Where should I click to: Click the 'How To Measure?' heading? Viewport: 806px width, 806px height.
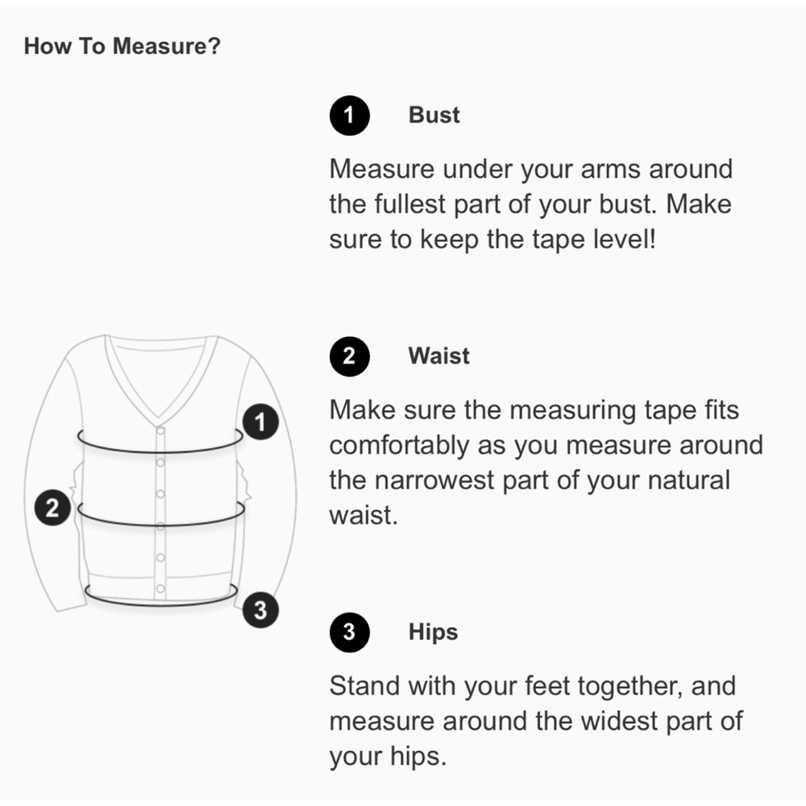(123, 46)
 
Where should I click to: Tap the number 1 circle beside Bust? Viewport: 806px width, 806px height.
(350, 115)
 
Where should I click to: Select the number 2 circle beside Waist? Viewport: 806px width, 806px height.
(350, 356)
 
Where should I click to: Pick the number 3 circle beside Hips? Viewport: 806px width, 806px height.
(350, 632)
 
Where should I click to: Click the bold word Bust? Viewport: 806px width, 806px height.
(434, 114)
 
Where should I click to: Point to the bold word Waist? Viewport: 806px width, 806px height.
(439, 355)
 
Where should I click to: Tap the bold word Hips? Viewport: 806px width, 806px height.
(433, 632)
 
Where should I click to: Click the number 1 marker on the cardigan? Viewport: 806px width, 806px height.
(260, 422)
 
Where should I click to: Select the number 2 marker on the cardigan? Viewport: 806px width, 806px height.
(52, 508)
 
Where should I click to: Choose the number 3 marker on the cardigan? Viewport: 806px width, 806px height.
(260, 610)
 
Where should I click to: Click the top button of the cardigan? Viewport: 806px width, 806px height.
(160, 430)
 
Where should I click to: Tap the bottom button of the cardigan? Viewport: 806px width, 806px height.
(160, 589)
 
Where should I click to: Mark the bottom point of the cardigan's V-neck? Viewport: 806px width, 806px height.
(159, 418)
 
